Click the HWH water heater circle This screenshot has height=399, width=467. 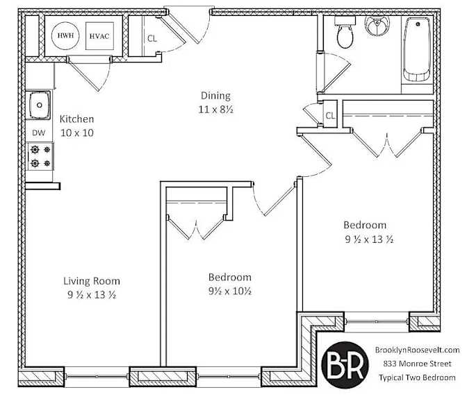[x=65, y=35]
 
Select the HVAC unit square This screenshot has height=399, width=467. [x=99, y=35]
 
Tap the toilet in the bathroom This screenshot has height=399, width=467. [x=345, y=33]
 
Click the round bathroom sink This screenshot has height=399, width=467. [x=377, y=26]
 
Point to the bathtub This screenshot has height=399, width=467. [x=417, y=49]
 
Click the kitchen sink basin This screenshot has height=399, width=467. [x=39, y=105]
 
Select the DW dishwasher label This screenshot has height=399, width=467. [x=39, y=133]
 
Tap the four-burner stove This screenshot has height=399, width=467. [x=40, y=156]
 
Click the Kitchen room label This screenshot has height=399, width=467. [x=77, y=119]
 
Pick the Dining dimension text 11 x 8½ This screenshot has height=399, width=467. [x=216, y=110]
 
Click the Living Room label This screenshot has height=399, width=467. [x=92, y=281]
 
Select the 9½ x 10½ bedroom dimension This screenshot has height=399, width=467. [x=230, y=291]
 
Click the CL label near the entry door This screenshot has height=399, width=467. [x=152, y=39]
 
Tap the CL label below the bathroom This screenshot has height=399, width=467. [x=330, y=116]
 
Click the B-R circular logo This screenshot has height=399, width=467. [x=345, y=364]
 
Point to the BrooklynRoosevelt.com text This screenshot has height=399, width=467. [x=417, y=350]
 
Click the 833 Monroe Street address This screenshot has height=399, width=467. [x=417, y=364]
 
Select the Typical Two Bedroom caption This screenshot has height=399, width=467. [x=417, y=377]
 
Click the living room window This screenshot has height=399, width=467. [x=97, y=376]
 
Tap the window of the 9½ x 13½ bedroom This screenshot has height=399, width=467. [x=377, y=321]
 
